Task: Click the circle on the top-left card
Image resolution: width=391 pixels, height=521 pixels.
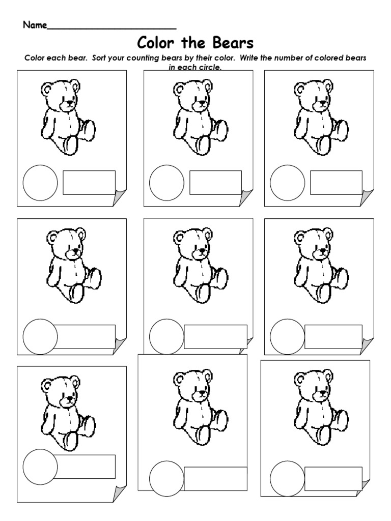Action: tap(41, 183)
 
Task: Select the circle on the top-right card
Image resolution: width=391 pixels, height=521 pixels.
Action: tap(288, 183)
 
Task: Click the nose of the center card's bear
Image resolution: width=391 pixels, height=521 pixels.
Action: tap(202, 250)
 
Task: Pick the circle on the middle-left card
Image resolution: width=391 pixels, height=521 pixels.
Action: tap(41, 336)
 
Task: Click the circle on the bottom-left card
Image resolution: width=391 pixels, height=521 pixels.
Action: tap(41, 467)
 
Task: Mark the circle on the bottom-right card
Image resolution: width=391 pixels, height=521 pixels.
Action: tap(288, 478)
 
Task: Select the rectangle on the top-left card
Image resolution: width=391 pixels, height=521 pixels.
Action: tap(89, 183)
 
